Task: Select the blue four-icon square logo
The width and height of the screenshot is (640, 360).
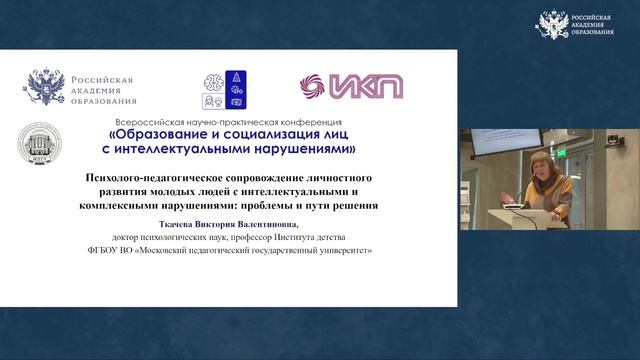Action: coord(222,87)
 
